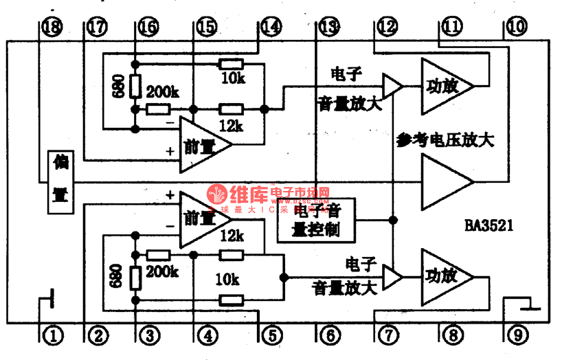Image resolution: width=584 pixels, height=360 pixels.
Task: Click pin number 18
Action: [51, 27]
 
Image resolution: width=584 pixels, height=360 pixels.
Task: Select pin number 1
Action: [52, 336]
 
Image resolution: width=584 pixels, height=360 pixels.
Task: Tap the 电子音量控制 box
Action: [316, 221]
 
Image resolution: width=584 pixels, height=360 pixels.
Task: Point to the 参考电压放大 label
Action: [445, 140]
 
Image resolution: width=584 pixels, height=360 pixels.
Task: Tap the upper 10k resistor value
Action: [233, 78]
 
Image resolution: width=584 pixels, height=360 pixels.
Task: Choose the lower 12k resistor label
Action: [232, 236]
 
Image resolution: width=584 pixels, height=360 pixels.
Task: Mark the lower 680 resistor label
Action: [115, 276]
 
